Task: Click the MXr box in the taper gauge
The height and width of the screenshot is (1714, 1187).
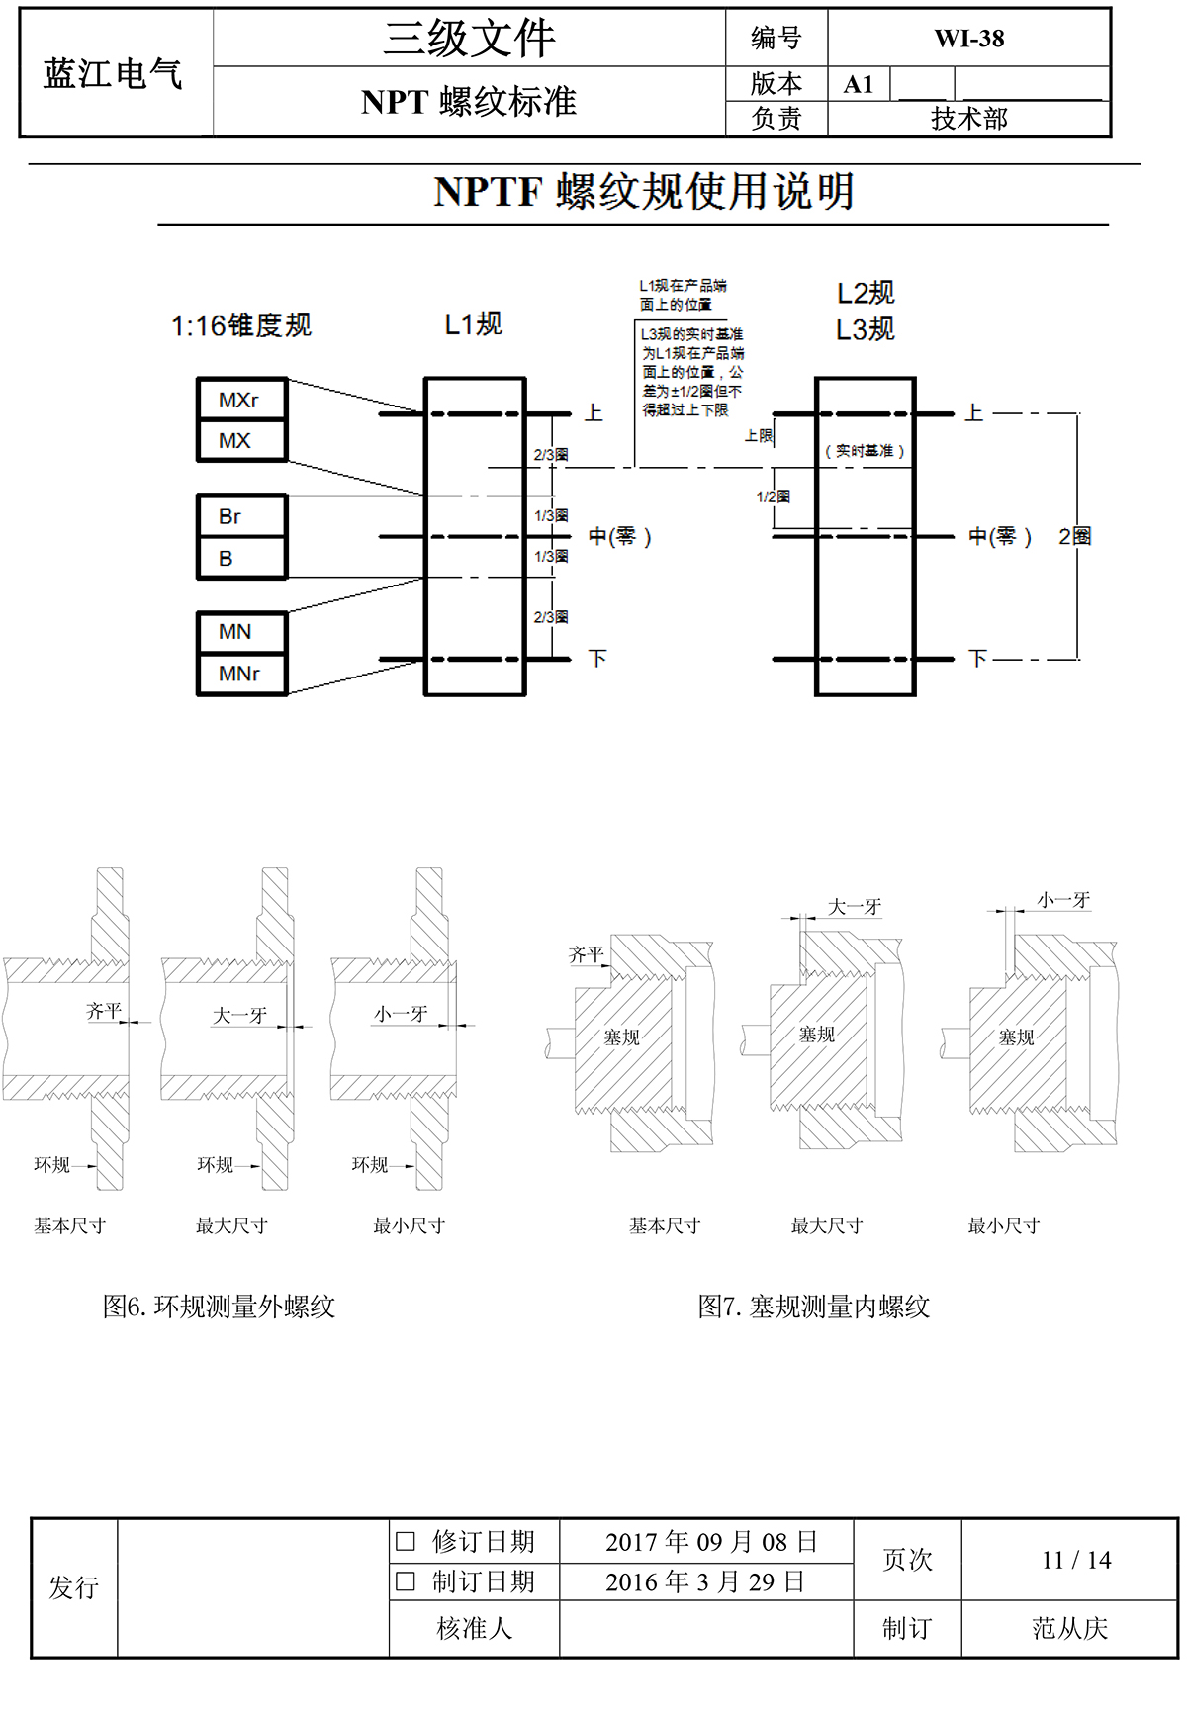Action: (241, 400)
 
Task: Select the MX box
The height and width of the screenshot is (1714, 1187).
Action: (241, 441)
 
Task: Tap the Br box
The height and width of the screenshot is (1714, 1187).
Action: (241, 516)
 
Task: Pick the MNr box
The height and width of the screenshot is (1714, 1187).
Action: (241, 674)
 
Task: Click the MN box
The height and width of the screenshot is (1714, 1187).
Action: (241, 632)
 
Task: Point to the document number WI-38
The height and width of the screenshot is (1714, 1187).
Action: (968, 39)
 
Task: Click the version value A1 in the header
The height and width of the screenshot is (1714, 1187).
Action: (859, 85)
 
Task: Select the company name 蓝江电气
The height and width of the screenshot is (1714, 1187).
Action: (114, 73)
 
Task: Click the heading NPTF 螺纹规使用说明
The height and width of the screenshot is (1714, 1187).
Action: (643, 192)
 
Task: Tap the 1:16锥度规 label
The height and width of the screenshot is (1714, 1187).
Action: (241, 325)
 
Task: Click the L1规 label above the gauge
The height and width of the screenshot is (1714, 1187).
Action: (474, 324)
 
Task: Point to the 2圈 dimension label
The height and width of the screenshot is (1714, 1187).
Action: (1074, 537)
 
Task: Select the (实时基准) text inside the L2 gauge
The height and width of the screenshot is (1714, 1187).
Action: (865, 451)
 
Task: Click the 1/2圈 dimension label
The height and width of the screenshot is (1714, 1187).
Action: (774, 496)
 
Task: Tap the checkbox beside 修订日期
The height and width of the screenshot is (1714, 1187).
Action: (406, 1541)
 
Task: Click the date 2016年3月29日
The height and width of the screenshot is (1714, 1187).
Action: (705, 1581)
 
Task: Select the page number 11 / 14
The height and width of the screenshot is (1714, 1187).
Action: (1076, 1560)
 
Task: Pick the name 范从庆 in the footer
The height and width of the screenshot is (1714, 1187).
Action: (1069, 1628)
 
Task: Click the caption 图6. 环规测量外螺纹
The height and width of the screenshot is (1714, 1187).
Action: (220, 1307)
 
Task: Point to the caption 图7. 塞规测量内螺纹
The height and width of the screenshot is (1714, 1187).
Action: (814, 1307)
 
